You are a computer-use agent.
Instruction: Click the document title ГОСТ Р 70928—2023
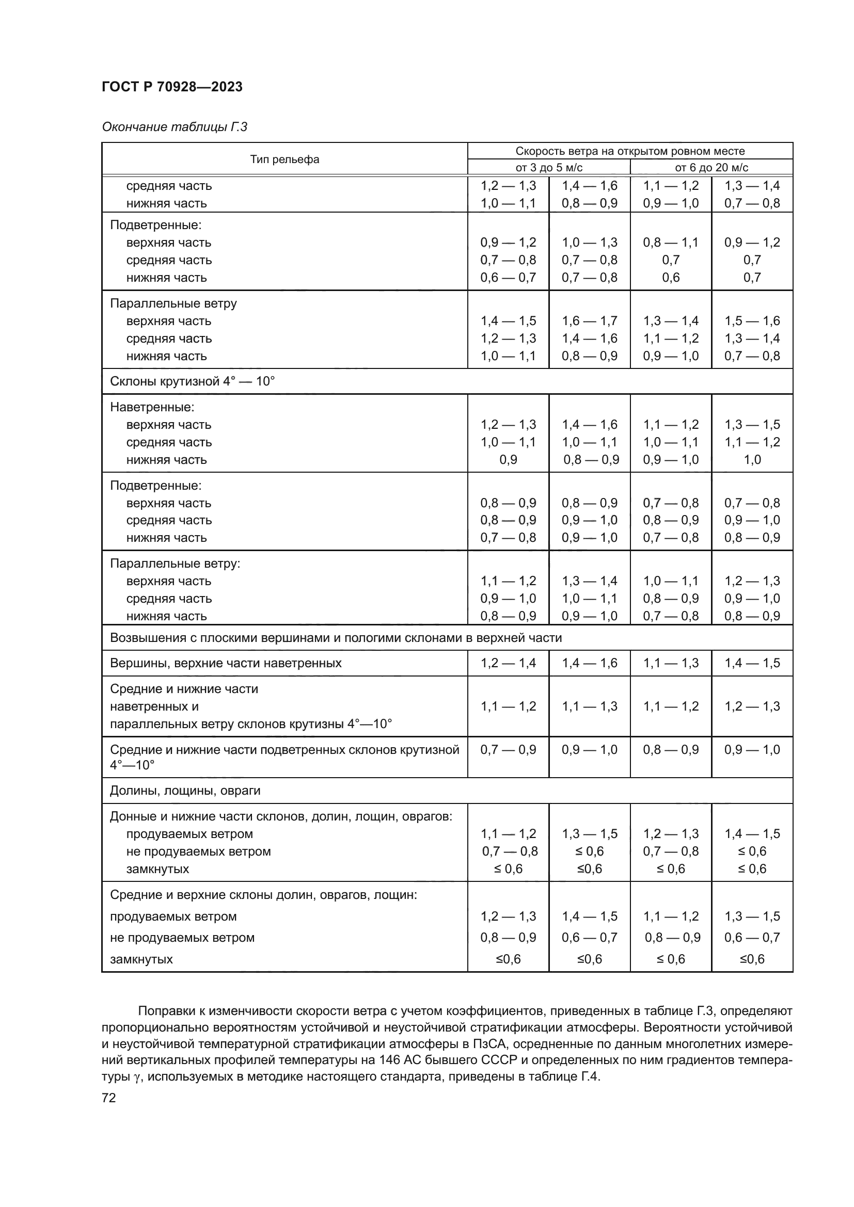click(172, 87)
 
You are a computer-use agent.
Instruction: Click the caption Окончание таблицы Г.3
click(174, 127)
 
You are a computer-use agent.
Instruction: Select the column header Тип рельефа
click(284, 159)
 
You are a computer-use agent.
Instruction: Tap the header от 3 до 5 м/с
click(548, 168)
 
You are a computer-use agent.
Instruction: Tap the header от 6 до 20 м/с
click(711, 168)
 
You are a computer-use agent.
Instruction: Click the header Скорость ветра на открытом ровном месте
click(629, 151)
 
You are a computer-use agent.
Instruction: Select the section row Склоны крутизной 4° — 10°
click(193, 381)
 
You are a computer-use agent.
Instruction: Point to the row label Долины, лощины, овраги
click(185, 791)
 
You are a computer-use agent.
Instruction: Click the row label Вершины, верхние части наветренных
click(226, 663)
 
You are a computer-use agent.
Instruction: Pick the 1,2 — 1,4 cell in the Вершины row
click(508, 663)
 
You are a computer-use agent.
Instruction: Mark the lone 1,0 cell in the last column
click(752, 459)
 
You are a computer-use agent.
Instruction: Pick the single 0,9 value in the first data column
click(508, 459)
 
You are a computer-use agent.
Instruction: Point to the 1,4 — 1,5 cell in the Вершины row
click(752, 663)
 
